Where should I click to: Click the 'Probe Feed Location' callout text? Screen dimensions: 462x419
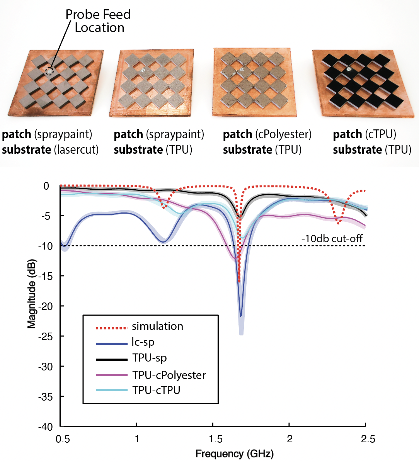[x=98, y=21]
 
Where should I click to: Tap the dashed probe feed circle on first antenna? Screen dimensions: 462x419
[x=49, y=71]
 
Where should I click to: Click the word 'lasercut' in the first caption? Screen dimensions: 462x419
[x=76, y=150]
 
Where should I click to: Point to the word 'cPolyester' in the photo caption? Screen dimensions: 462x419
[x=283, y=134]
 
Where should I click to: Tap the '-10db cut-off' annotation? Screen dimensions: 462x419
[x=332, y=239]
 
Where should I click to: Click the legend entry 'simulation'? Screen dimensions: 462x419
[x=157, y=326]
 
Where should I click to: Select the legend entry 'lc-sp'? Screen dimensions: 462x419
[x=143, y=342]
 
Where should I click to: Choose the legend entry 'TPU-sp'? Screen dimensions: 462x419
[x=150, y=358]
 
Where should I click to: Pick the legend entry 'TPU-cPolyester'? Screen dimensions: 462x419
[x=169, y=375]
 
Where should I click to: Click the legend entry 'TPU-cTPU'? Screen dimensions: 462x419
[x=156, y=390]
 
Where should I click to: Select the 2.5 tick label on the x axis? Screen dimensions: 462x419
[x=368, y=439]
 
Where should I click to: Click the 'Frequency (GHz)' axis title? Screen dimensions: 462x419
[x=234, y=454]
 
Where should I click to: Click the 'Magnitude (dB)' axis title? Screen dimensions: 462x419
[x=32, y=294]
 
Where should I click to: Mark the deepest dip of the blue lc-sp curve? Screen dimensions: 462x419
[x=240, y=316]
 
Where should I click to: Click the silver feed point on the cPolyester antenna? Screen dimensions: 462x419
[x=240, y=69]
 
